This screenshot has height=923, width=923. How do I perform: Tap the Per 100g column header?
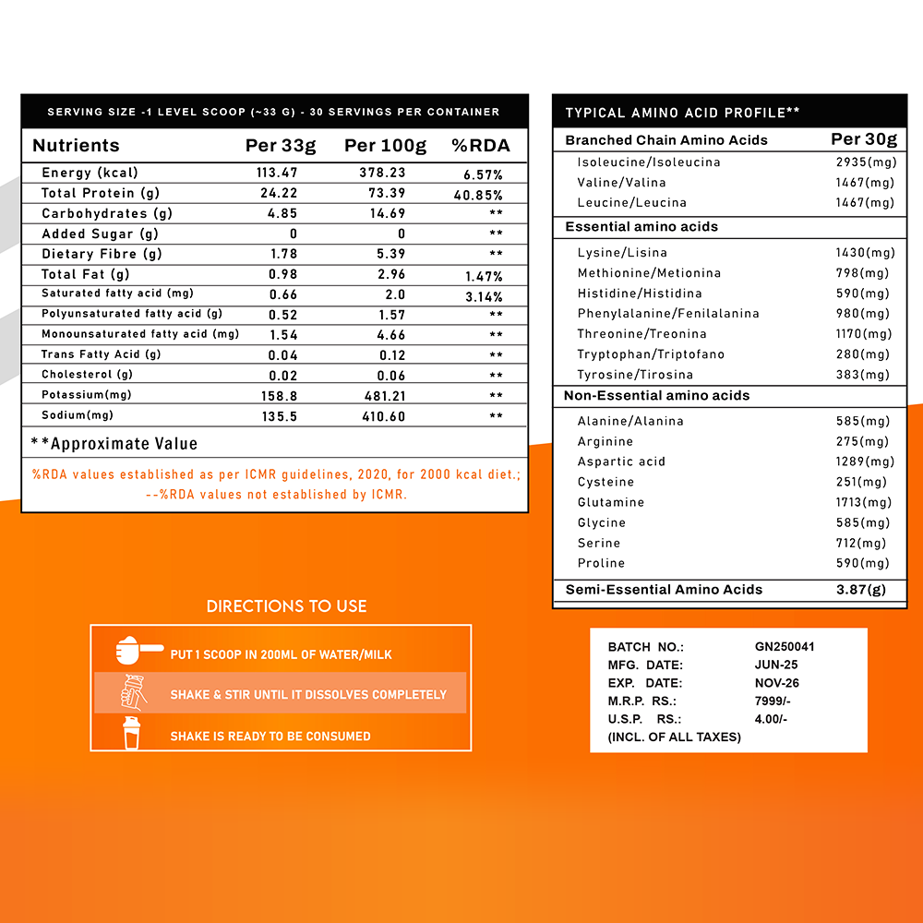[385, 145]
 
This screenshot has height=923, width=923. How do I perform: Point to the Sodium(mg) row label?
[77, 415]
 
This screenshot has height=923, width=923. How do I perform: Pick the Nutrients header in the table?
[76, 145]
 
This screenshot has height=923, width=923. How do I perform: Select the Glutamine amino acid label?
[611, 502]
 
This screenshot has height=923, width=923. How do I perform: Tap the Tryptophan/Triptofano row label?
[651, 354]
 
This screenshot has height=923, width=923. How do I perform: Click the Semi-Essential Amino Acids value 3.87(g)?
[860, 590]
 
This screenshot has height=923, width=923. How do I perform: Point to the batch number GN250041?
[785, 647]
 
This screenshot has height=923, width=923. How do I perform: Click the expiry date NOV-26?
[776, 683]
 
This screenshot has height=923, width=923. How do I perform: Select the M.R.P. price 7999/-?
[773, 701]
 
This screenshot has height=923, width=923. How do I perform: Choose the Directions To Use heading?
[286, 606]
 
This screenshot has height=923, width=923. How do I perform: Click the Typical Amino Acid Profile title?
[682, 113]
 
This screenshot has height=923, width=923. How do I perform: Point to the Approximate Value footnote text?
[114, 444]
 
